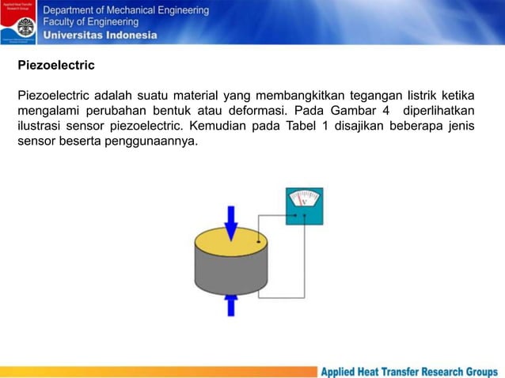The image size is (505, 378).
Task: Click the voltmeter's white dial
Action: pos(304,200)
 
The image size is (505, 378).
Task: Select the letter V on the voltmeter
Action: pos(304,210)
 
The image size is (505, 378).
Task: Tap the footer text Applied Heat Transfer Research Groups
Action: pos(408,371)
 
